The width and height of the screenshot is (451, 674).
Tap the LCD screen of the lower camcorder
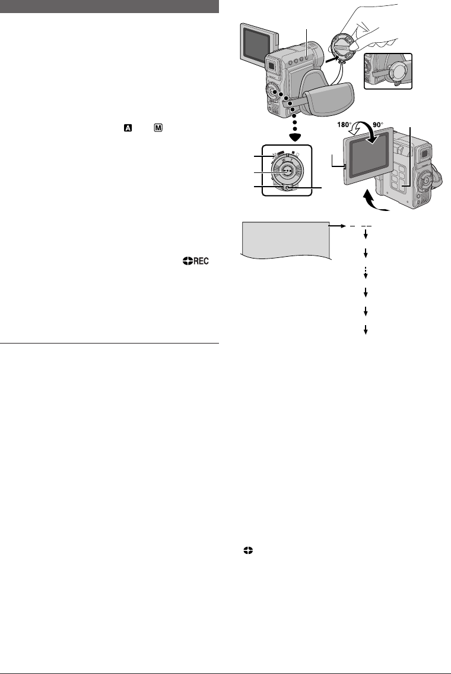367,154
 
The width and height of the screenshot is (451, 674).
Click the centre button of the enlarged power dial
287,171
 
